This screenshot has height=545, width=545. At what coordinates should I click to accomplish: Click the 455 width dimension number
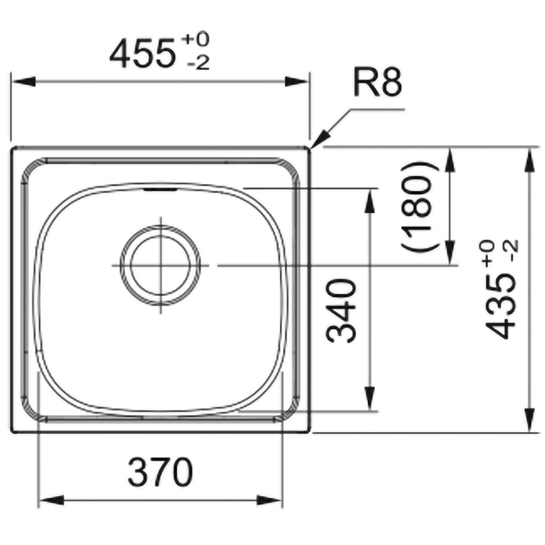pyautogui.click(x=142, y=53)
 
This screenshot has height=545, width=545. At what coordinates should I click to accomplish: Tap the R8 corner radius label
pyautogui.click(x=378, y=82)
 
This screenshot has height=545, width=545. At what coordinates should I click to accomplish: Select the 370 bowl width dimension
pyautogui.click(x=160, y=472)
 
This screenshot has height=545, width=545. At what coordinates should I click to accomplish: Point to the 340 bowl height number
pyautogui.click(x=341, y=311)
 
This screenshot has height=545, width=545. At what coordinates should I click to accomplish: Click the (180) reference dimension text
pyautogui.click(x=420, y=207)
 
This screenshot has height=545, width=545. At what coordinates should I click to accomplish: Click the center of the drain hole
pyautogui.click(x=161, y=265)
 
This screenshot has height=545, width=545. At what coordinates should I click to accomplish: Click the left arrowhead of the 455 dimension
pyautogui.click(x=24, y=82)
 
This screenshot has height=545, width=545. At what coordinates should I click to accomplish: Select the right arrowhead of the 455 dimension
pyautogui.click(x=296, y=82)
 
